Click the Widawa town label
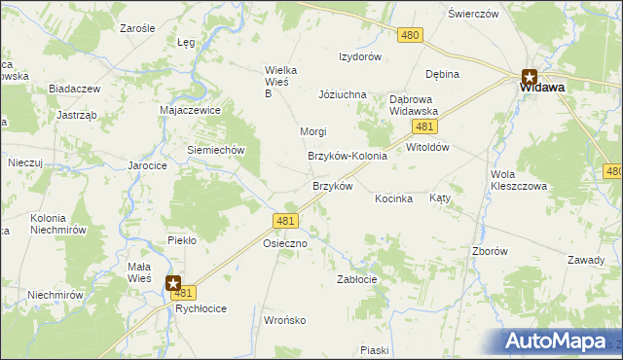[542, 87]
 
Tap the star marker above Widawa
[530, 75]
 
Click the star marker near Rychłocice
[173, 283]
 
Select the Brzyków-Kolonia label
[348, 156]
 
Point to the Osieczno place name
[285, 244]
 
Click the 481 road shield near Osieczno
[285, 222]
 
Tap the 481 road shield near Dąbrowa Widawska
[422, 127]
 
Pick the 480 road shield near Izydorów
[410, 35]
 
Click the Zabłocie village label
[356, 278]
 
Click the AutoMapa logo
[562, 341]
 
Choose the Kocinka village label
[394, 198]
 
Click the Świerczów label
[473, 14]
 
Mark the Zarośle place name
[138, 29]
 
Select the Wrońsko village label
[285, 319]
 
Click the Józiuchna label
[342, 94]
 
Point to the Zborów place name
[490, 251]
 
